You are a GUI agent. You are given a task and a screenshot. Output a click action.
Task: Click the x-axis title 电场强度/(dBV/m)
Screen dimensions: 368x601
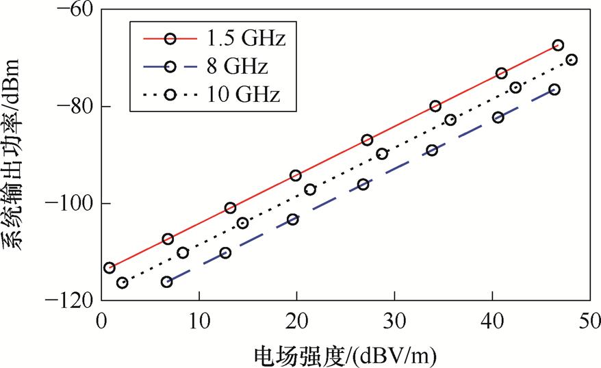tap(345, 355)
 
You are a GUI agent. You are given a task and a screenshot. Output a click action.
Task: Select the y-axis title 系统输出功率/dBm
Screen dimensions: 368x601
tap(15, 156)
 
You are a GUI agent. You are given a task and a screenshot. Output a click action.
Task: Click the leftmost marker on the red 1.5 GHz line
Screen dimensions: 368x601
tap(109, 267)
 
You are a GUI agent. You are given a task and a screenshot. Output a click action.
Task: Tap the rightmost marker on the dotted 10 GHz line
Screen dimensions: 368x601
tap(572, 60)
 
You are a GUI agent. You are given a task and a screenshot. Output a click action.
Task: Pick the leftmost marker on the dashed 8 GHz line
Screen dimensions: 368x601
tap(167, 282)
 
